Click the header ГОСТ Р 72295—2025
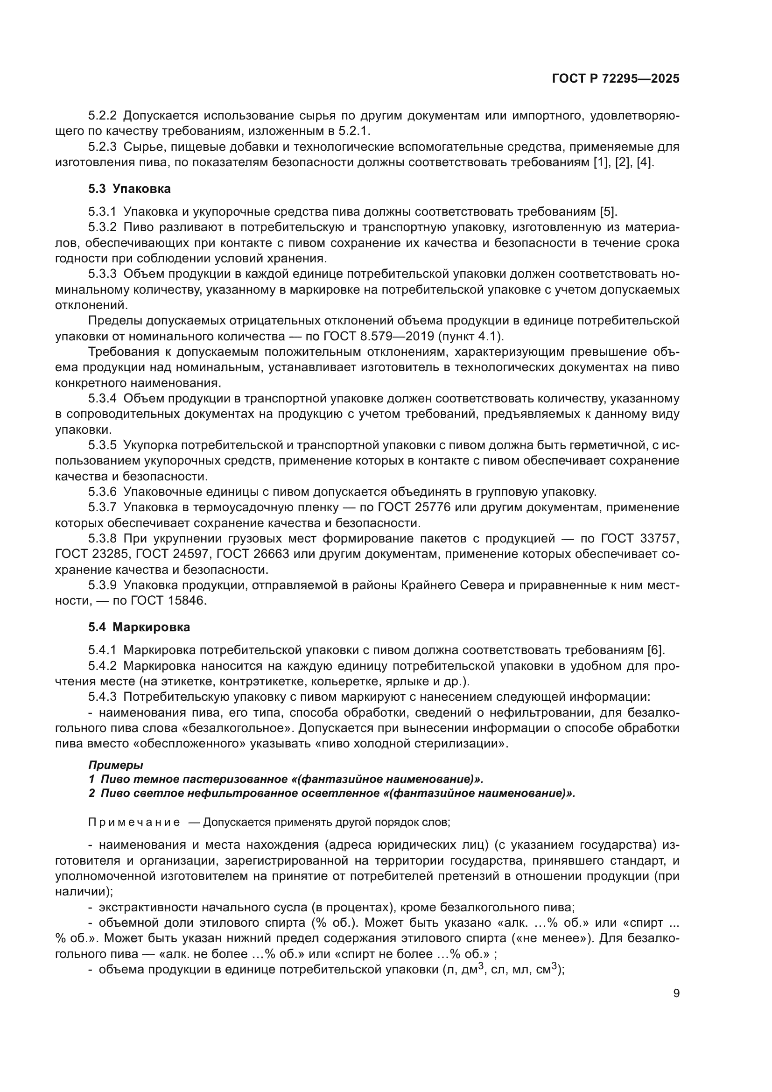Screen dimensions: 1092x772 (615, 79)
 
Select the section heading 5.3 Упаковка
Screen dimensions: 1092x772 (129, 189)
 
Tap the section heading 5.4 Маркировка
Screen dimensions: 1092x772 (139, 627)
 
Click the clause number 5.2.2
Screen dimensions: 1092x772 (102, 116)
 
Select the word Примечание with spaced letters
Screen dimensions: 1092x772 (134, 822)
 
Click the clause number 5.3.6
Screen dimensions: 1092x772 (102, 492)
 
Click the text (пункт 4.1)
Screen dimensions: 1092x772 (472, 336)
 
